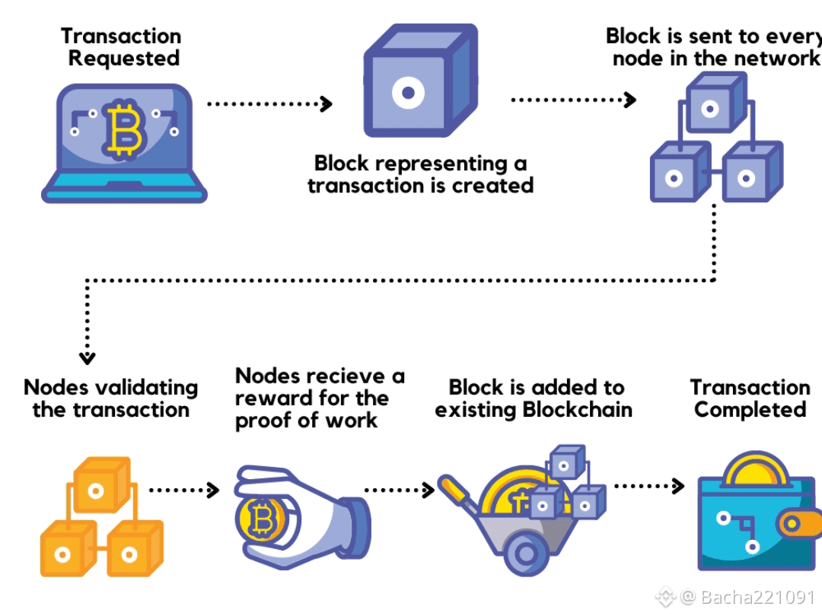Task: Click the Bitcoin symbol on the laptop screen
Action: [124, 129]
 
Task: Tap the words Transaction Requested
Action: [121, 47]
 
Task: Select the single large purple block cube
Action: [421, 80]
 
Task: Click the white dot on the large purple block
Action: [408, 94]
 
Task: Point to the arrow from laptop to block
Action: [269, 103]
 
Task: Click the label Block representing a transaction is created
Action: [420, 174]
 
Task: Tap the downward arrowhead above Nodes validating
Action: [87, 357]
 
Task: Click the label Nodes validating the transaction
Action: [110, 398]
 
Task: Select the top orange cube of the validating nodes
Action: [102, 484]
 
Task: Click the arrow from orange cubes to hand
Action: [183, 491]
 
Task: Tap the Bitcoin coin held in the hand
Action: [260, 519]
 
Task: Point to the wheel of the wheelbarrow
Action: [526, 553]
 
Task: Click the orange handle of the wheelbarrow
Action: [456, 491]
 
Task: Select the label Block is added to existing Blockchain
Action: [534, 398]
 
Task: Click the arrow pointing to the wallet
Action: [649, 486]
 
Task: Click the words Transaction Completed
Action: [750, 398]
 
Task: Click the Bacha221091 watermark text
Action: [757, 597]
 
